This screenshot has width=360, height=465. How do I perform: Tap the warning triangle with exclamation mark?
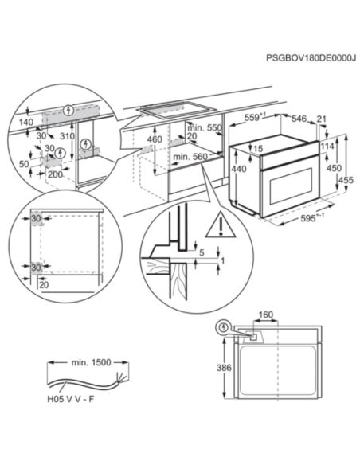point(216,228)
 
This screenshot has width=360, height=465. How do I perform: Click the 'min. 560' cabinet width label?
point(190,157)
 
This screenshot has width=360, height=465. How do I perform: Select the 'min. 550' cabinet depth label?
point(204,127)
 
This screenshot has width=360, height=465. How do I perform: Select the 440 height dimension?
point(237,170)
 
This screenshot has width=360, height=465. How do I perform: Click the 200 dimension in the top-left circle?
point(54,174)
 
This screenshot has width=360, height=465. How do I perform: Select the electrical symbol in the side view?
point(225,326)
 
